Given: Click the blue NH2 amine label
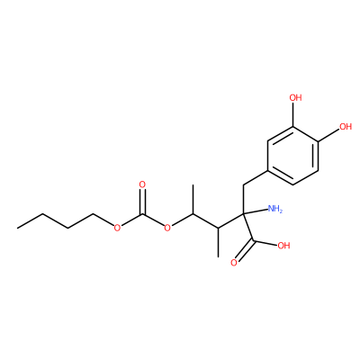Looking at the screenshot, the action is [x=274, y=209].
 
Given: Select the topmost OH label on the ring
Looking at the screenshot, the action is [x=295, y=97].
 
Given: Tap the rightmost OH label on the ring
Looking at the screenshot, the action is [x=345, y=126].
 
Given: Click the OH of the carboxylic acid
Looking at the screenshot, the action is [x=283, y=246].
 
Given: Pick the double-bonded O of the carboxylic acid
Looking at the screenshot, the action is [x=234, y=263].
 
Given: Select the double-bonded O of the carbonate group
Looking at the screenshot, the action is [x=142, y=184].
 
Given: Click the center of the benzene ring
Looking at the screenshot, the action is [x=292, y=155].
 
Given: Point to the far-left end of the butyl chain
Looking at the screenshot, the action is [x=17, y=229].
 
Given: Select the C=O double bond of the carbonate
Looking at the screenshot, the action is [x=142, y=202].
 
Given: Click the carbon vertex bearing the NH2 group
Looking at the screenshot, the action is [x=244, y=214].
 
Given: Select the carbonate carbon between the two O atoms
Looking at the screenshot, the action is [x=142, y=214].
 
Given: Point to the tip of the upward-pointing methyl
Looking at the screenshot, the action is [x=193, y=185].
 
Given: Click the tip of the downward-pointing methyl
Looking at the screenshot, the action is [x=218, y=257].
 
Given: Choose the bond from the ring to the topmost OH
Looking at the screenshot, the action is [x=293, y=114].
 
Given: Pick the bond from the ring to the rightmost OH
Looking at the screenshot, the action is [x=328, y=134].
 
